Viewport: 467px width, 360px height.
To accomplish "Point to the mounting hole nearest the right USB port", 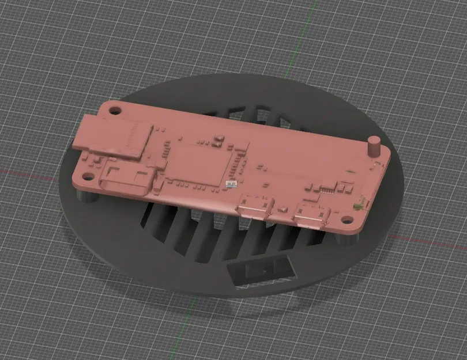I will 348,219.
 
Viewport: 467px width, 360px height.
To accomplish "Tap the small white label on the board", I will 231,184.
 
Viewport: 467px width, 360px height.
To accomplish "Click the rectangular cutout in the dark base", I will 260,270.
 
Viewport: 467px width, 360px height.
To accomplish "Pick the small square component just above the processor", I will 219,140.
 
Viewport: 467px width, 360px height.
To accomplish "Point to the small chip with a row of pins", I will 327,187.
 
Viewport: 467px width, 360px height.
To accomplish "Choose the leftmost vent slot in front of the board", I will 151,215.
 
